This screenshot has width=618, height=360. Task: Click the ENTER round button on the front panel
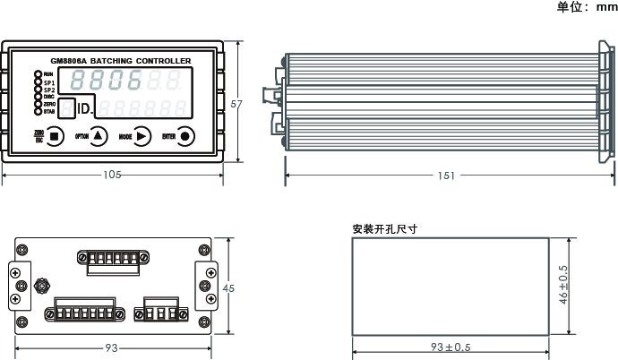tap(185, 136)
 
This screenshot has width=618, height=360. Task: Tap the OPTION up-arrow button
tap(99, 136)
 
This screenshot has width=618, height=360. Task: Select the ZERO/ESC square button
tap(56, 136)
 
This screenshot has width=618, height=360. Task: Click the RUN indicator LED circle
tap(38, 73)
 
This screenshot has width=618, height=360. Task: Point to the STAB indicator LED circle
tap(38, 112)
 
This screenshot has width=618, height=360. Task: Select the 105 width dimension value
tap(113, 176)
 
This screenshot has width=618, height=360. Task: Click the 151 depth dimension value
tap(445, 176)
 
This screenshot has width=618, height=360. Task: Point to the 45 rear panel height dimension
tap(228, 288)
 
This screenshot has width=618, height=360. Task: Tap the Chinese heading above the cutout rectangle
tap(385, 229)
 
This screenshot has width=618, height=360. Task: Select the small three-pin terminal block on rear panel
tap(158, 313)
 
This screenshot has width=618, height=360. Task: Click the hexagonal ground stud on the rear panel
tap(41, 288)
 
